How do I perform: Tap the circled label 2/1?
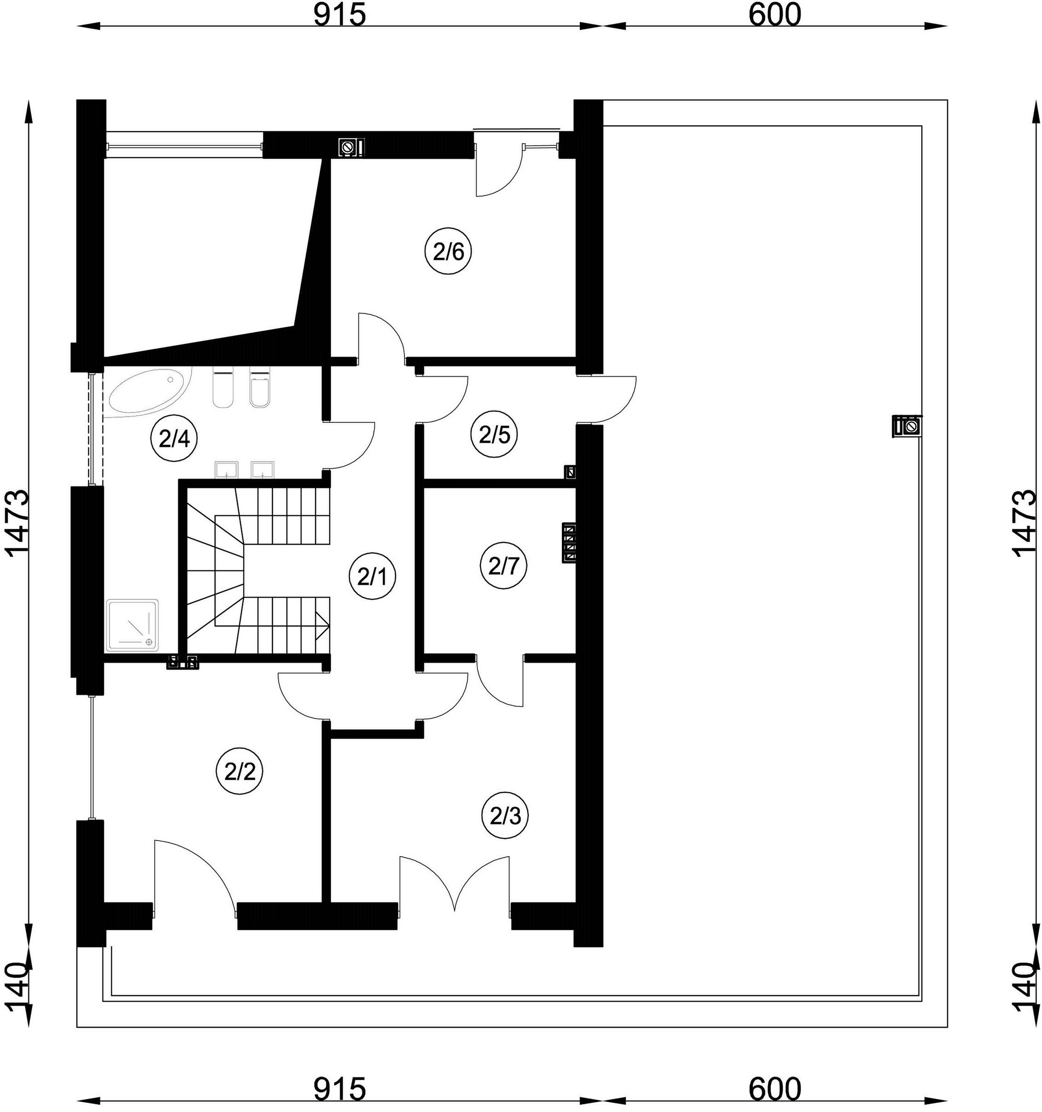(372, 577)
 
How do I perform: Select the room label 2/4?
(174, 439)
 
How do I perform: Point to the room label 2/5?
(494, 435)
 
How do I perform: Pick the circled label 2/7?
(504, 567)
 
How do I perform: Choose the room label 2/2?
(240, 772)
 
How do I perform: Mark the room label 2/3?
(505, 817)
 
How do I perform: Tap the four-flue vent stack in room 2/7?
(569, 543)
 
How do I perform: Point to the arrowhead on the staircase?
(322, 625)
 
